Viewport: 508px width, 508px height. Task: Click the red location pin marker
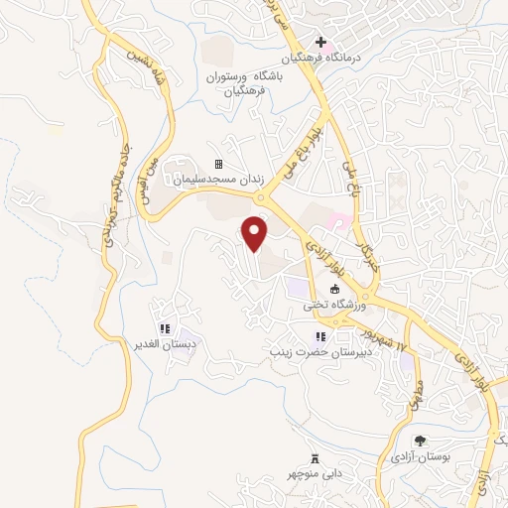(x=256, y=233)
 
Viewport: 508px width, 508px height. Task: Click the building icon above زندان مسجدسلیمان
(x=218, y=165)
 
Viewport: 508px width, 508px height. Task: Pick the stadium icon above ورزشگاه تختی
(x=334, y=290)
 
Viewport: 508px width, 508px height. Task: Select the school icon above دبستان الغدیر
(x=166, y=328)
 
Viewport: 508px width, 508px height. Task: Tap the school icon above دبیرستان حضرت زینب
(x=320, y=335)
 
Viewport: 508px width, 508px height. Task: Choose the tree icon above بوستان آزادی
(x=419, y=441)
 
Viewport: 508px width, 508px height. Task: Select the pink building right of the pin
(x=338, y=218)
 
